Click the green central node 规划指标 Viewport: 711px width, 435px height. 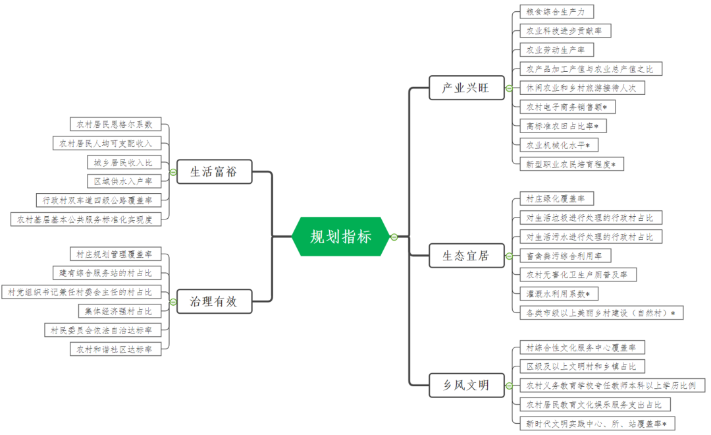pyautogui.click(x=340, y=236)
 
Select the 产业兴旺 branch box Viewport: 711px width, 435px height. pyautogui.click(x=465, y=88)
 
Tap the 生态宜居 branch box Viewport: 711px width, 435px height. pyautogui.click(x=465, y=256)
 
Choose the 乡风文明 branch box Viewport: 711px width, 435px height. pyautogui.click(x=465, y=385)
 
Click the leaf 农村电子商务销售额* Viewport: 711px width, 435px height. pyautogui.click(x=567, y=106)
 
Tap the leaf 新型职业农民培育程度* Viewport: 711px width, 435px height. pyautogui.click(x=571, y=163)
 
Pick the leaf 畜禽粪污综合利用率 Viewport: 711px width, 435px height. pyautogui.click(x=565, y=255)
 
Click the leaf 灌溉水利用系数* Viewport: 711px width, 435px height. pyautogui.click(x=558, y=293)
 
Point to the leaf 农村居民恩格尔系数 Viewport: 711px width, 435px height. pyautogui.click(x=115, y=124)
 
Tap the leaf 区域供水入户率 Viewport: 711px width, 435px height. pyautogui.click(x=123, y=181)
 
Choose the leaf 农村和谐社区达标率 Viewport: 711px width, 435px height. pyautogui.click(x=115, y=349)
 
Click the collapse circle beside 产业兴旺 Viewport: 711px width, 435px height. pyautogui.click(x=508, y=88)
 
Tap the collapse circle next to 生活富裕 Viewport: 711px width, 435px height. pyautogui.click(x=172, y=172)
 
